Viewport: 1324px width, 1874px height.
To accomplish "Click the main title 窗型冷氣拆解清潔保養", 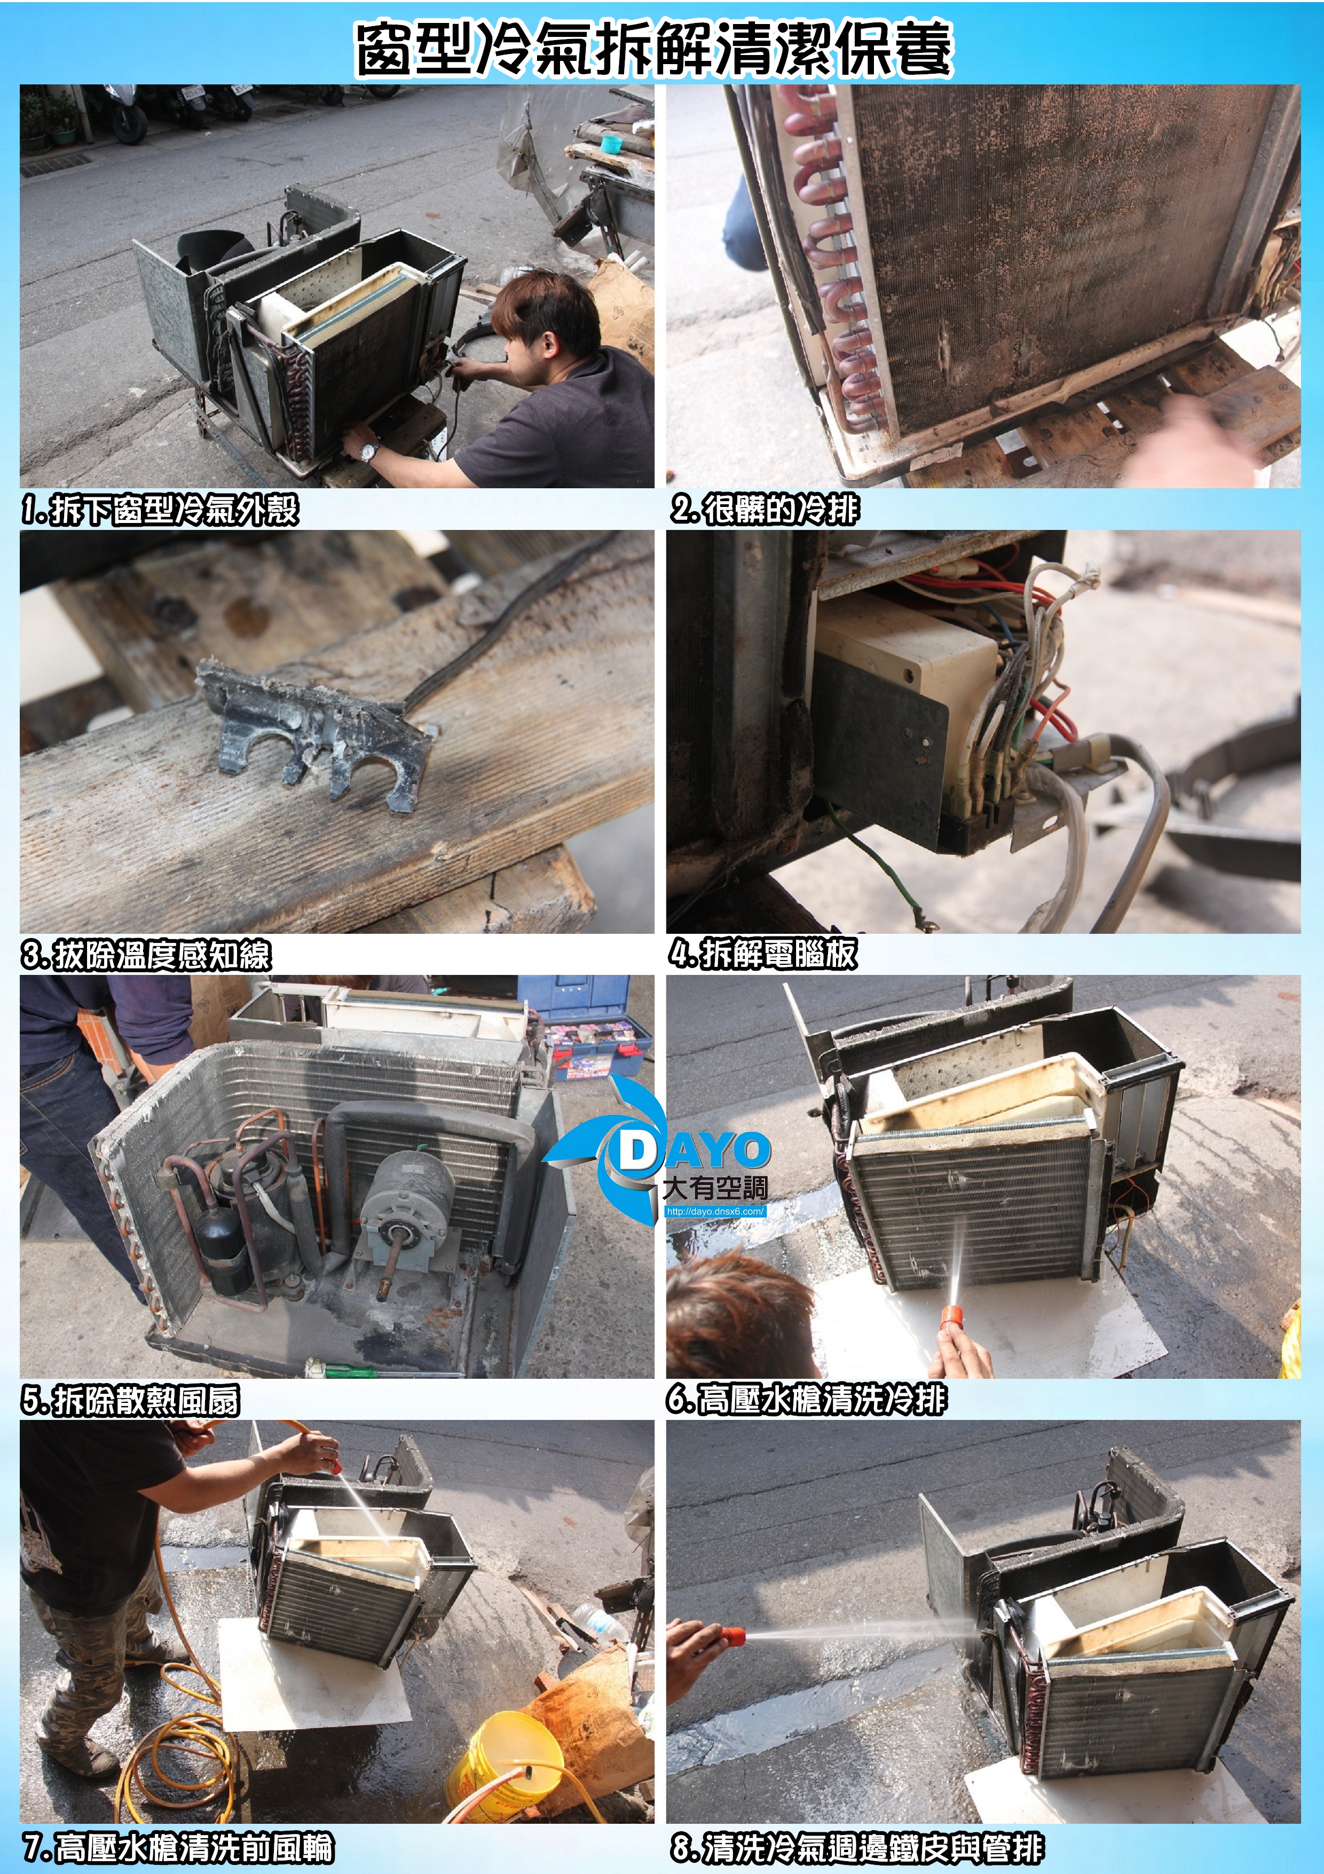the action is pyautogui.click(x=654, y=49).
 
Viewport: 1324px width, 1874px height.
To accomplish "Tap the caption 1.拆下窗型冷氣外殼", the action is pyautogui.click(x=160, y=510).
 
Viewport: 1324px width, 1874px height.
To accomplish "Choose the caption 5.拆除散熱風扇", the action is pyautogui.click(x=130, y=1401).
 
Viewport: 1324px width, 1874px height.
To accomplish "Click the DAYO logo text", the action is pyautogui.click(x=693, y=1150).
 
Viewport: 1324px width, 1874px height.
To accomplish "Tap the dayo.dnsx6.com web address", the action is pyautogui.click(x=715, y=1211).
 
